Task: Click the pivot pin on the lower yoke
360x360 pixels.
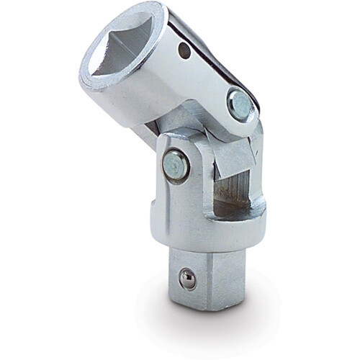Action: (x=175, y=166)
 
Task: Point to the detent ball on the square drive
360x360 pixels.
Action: (x=188, y=280)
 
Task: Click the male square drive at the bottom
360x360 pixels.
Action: (x=205, y=277)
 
